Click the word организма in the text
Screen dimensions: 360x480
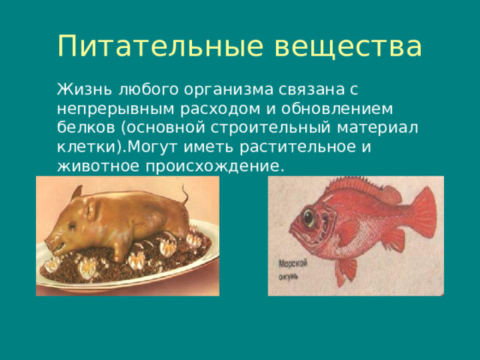tap(213, 89)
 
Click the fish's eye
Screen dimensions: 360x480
tap(309, 217)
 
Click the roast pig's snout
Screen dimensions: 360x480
tap(52, 244)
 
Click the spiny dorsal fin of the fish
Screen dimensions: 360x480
tap(352, 187)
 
